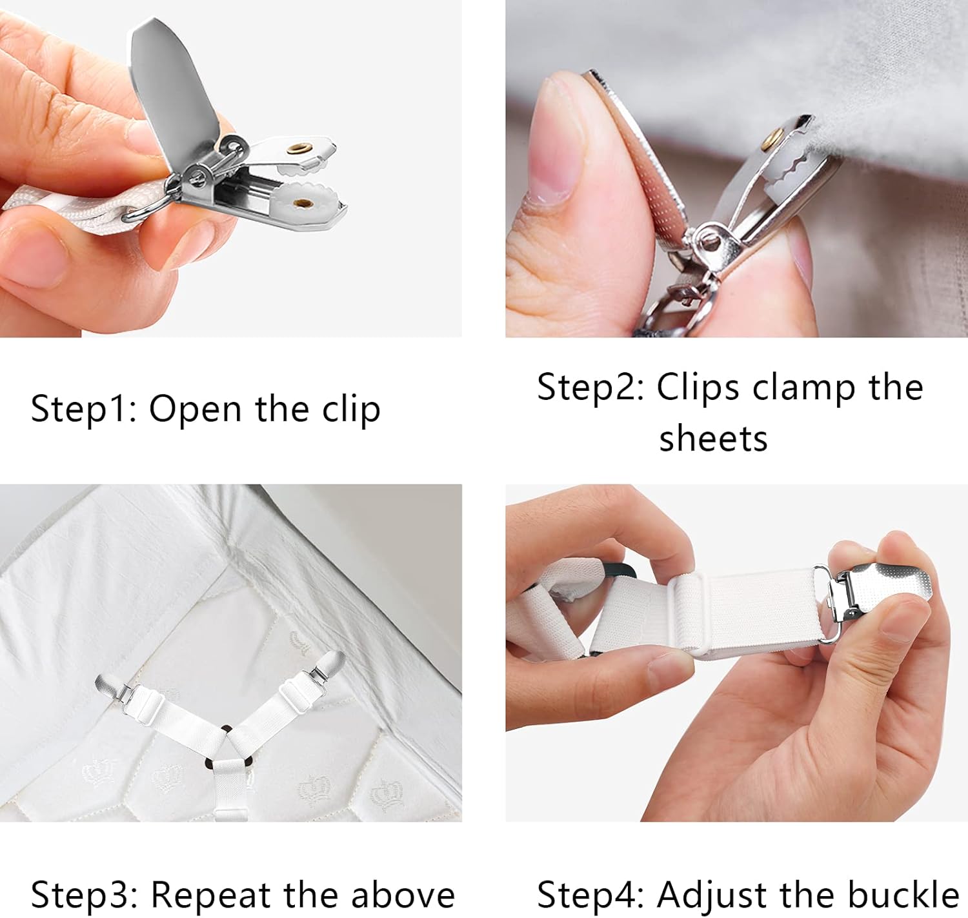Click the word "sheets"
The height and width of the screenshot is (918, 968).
[713, 439]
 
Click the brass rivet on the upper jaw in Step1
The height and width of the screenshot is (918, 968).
[298, 149]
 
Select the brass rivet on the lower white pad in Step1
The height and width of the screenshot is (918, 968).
[301, 203]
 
